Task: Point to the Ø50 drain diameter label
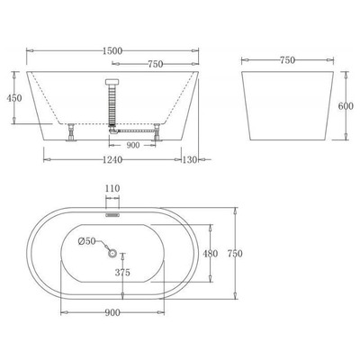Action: coord(87,240)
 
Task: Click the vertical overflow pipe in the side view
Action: coord(114,103)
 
